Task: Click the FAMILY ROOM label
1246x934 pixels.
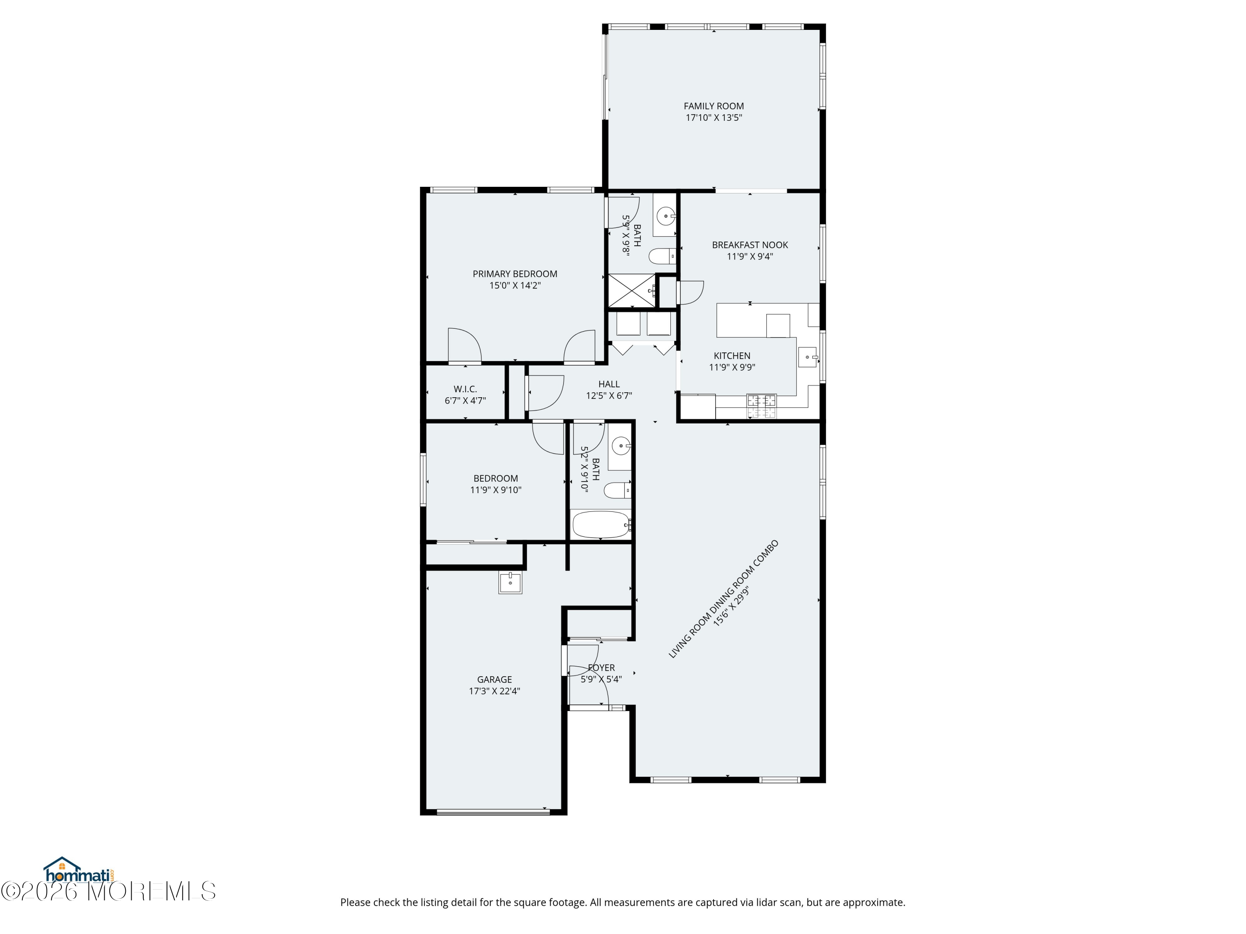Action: tap(714, 106)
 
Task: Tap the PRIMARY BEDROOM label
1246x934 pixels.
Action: tap(515, 274)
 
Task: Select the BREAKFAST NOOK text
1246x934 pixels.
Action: tap(750, 245)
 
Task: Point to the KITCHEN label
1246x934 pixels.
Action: tap(732, 356)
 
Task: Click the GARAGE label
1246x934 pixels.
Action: tap(495, 680)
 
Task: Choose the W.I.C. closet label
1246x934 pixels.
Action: tap(465, 389)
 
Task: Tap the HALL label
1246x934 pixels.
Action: tap(609, 384)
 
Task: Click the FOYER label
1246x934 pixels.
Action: tap(601, 667)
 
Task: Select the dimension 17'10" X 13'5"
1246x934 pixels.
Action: tap(714, 117)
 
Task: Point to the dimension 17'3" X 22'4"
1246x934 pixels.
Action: tap(495, 691)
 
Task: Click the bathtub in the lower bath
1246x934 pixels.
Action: tap(601, 525)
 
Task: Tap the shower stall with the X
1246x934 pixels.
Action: tap(631, 291)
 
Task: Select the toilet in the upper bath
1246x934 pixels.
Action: tap(662, 257)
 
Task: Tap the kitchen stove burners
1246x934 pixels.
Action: tap(761, 406)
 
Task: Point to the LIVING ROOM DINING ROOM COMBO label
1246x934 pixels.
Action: tap(723, 599)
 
